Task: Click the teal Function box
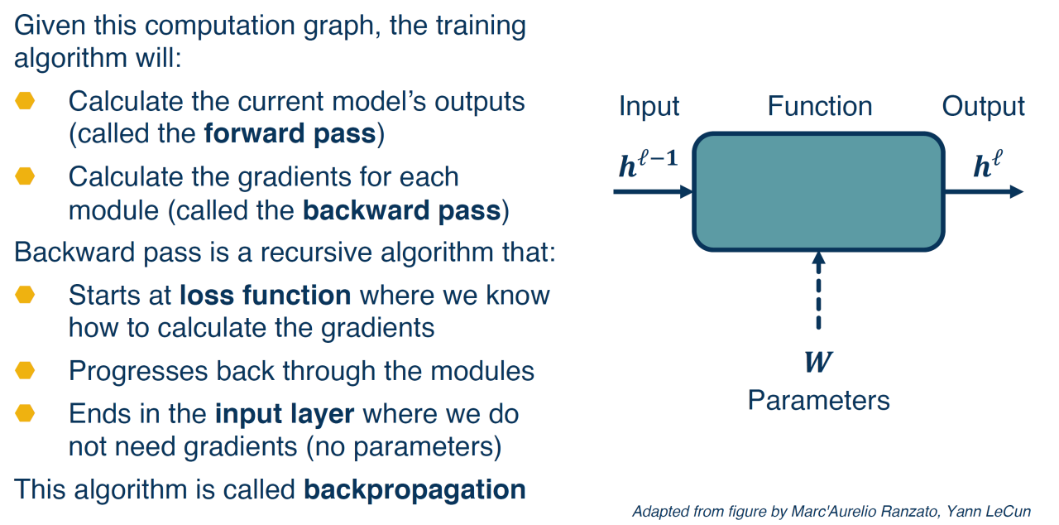(x=818, y=191)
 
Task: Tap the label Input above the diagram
(x=649, y=106)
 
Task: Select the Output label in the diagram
(x=983, y=106)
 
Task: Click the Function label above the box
(x=819, y=106)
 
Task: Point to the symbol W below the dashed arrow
(x=818, y=363)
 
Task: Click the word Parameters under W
(x=818, y=401)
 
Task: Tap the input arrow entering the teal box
(x=653, y=191)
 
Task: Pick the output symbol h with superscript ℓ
(x=985, y=166)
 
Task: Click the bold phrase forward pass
(x=290, y=134)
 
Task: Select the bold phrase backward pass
(x=401, y=210)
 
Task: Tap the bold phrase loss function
(x=265, y=295)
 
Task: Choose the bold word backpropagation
(x=414, y=489)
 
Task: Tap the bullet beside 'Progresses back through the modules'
(x=25, y=370)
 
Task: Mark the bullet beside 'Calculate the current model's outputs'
(x=25, y=101)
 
